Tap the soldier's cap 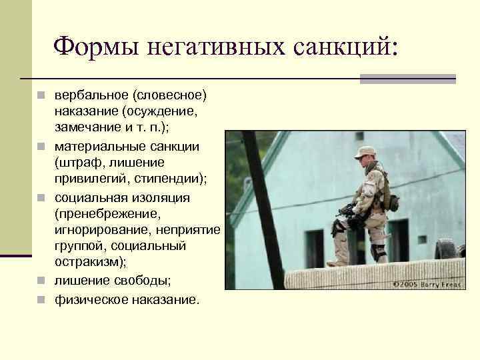click(x=365, y=151)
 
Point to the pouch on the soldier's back click(x=393, y=202)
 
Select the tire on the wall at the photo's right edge click(x=446, y=248)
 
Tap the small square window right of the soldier click(x=422, y=239)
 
